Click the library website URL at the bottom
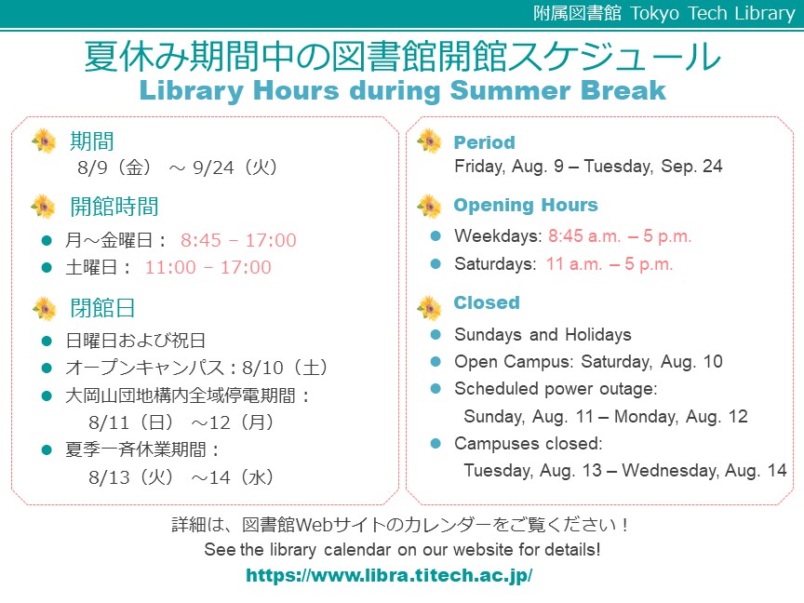pos(389,575)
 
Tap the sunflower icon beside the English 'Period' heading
pos(429,141)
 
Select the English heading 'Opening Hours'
pos(526,205)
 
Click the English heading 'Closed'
pos(487,302)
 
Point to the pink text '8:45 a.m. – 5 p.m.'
pos(620,235)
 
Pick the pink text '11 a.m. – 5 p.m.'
pos(610,263)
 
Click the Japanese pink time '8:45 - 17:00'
pos(238,240)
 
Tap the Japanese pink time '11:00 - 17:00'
pos(208,267)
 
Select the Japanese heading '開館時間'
pos(114,207)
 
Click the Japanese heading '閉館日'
pos(102,308)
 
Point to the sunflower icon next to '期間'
pos(44,141)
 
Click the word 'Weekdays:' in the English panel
pos(498,235)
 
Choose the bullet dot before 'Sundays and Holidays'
pos(435,334)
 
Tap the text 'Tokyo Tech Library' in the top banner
pos(712,13)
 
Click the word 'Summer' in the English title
pos(510,90)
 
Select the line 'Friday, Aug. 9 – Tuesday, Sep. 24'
pos(588,167)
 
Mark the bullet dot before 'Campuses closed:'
pos(435,443)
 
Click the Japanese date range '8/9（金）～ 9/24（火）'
pos(178,167)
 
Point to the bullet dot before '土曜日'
pos(47,267)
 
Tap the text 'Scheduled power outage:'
pos(556,389)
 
